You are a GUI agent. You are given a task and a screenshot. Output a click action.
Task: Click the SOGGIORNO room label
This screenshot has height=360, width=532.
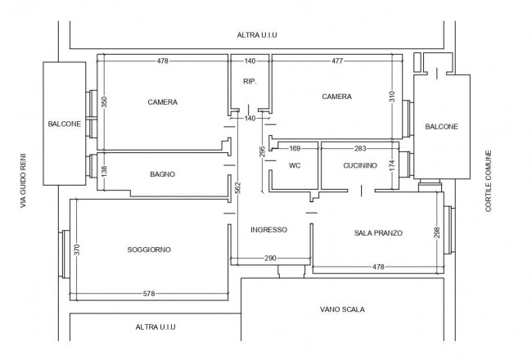pyautogui.click(x=149, y=250)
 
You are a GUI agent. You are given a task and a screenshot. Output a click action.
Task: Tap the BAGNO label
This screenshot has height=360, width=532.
pyautogui.click(x=163, y=174)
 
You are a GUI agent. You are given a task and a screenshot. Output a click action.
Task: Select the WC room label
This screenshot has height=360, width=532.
pyautogui.click(x=295, y=165)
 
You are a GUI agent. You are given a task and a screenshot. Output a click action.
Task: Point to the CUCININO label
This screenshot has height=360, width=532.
pyautogui.click(x=360, y=165)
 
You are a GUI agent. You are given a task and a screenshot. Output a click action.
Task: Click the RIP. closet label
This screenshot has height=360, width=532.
pyautogui.click(x=250, y=82)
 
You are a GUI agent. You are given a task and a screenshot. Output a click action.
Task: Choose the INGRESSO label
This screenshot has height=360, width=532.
pyautogui.click(x=268, y=230)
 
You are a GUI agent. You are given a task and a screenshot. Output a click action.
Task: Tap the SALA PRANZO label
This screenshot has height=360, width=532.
pyautogui.click(x=378, y=232)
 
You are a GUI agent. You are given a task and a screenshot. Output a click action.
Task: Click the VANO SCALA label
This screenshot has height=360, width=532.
pyautogui.click(x=342, y=309)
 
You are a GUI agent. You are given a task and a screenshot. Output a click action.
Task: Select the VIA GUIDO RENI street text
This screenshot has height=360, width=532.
pyautogui.click(x=23, y=181)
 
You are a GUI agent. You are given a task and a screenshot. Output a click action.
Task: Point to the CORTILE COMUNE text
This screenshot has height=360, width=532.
pyautogui.click(x=489, y=181)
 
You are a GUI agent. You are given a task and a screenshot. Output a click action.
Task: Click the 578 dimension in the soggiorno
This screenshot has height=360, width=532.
pyautogui.click(x=149, y=294)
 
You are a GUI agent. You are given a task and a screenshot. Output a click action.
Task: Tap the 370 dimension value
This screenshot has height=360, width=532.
pyautogui.click(x=77, y=250)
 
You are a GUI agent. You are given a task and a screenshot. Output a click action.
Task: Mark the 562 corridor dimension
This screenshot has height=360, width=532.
pyautogui.click(x=238, y=188)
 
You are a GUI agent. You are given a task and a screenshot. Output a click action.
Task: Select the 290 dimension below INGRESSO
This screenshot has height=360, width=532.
pyautogui.click(x=270, y=259)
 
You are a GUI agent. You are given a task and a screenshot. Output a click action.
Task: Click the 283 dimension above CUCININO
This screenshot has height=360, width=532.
pyautogui.click(x=360, y=148)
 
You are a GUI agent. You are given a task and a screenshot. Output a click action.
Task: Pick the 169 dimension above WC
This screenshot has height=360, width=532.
pyautogui.click(x=295, y=148)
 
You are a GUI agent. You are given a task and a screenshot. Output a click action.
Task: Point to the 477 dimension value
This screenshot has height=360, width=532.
pyautogui.click(x=337, y=61)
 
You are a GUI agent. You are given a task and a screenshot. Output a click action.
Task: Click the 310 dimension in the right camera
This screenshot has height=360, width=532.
pyautogui.click(x=392, y=97)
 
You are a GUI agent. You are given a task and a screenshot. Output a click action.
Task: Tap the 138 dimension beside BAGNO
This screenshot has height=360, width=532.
pyautogui.click(x=104, y=171)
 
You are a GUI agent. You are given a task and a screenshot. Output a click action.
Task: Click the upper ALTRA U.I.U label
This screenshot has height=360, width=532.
pyautogui.click(x=257, y=35)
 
